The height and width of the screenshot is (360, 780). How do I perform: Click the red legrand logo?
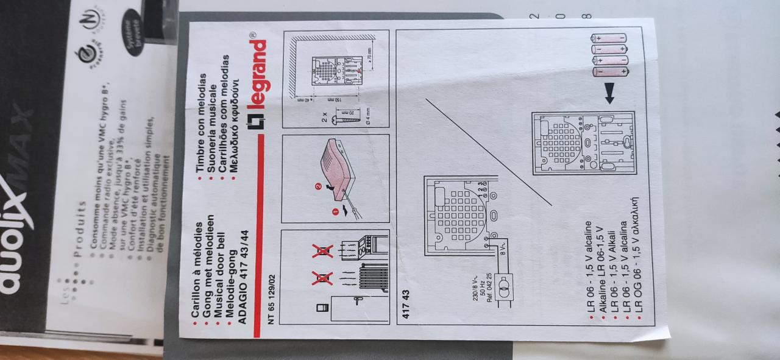click(257, 86)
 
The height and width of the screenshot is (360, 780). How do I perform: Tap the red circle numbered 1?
click(335, 211)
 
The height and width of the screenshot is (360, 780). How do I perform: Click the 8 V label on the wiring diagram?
click(503, 250)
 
